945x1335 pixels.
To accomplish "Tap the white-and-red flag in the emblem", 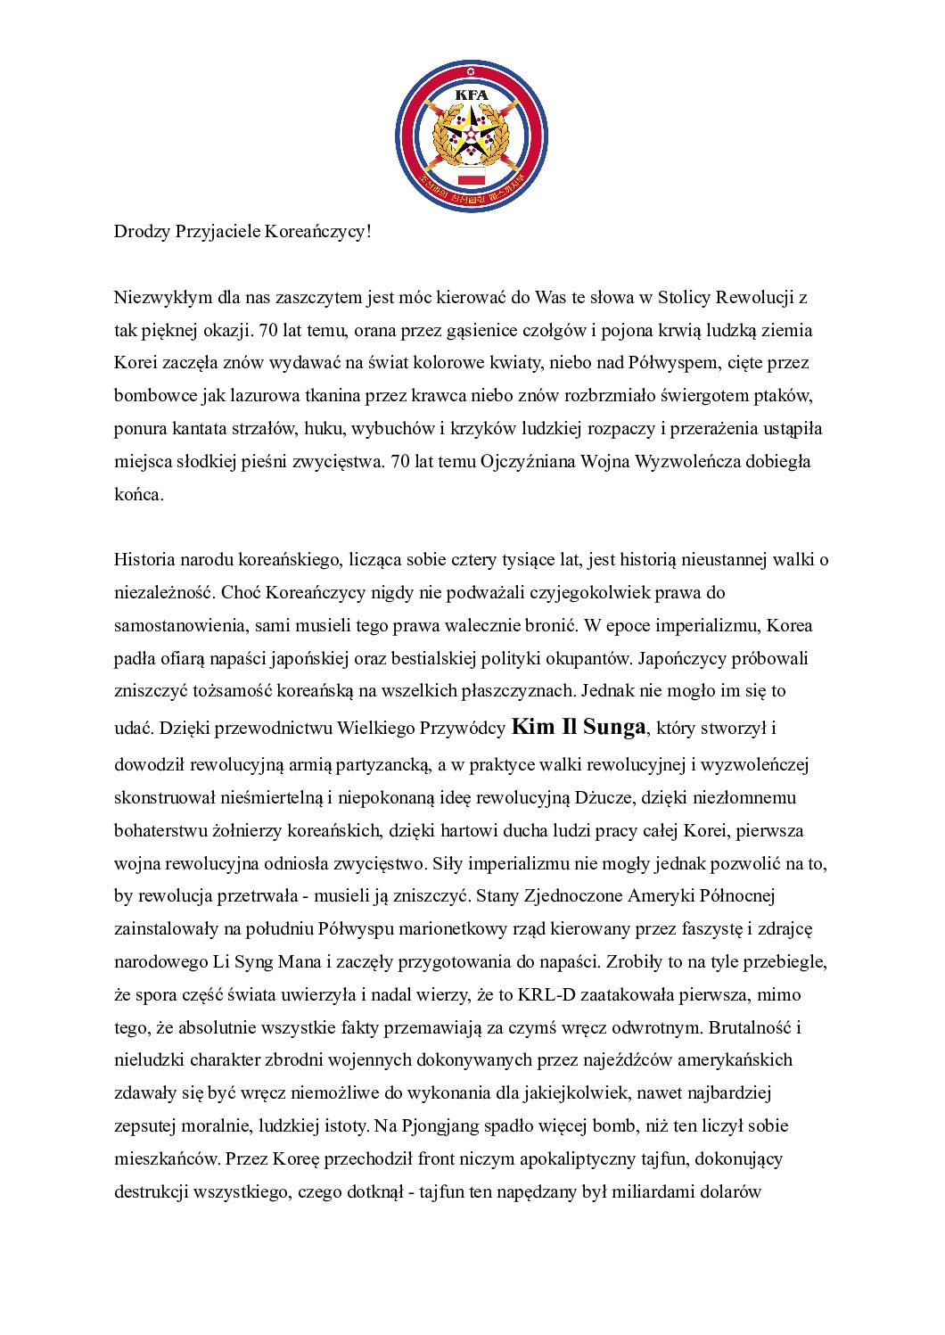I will (x=471, y=175).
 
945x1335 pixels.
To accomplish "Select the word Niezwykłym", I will (x=162, y=298).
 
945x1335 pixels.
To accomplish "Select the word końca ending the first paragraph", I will (x=137, y=495).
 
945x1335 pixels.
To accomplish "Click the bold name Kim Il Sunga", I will (x=579, y=727).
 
